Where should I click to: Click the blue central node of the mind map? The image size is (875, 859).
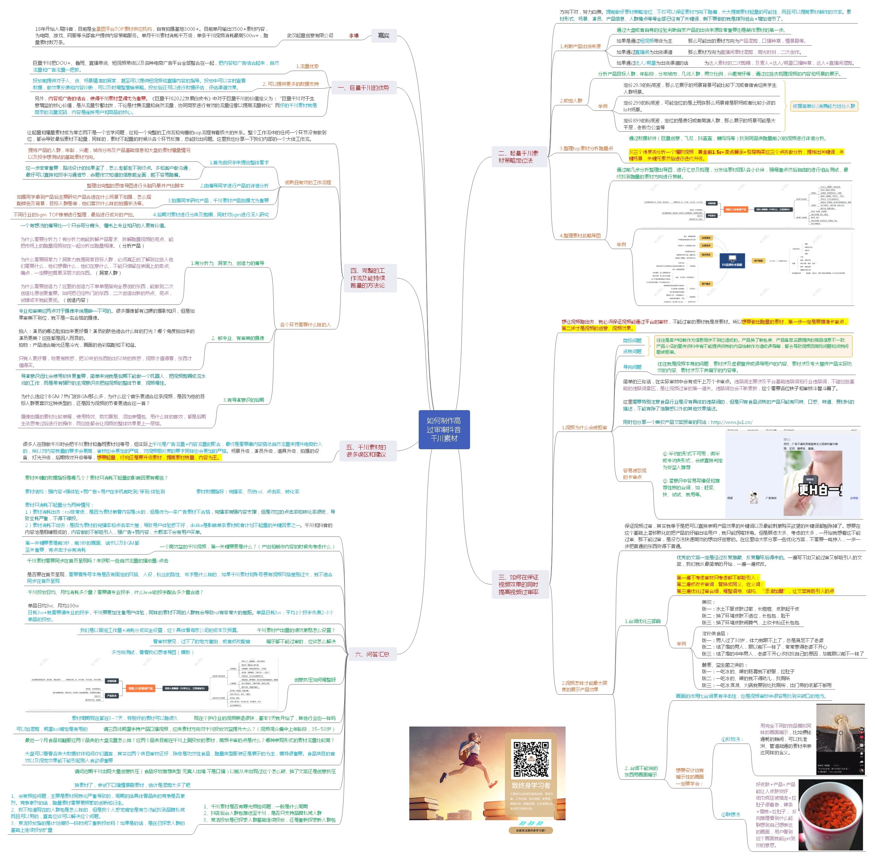[x=444, y=429]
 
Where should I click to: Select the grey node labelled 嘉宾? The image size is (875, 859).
[x=383, y=35]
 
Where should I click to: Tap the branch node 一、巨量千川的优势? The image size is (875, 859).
[x=369, y=88]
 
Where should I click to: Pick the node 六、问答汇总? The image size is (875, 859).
[x=372, y=654]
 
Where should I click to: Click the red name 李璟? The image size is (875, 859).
[x=354, y=35]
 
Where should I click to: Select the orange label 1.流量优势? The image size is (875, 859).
[x=307, y=66]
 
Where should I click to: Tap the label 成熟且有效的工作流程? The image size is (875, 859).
[x=308, y=182]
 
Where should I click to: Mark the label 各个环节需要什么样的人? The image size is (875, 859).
[x=305, y=324]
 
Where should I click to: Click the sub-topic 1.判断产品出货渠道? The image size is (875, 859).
[x=580, y=46]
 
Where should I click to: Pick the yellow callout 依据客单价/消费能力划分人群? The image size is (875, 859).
[x=824, y=106]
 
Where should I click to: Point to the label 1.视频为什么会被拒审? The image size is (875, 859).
[x=584, y=427]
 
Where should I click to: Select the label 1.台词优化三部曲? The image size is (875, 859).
[x=642, y=621]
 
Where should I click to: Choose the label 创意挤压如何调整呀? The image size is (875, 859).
[x=315, y=679]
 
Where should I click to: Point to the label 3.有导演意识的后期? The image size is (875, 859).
[x=244, y=400]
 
